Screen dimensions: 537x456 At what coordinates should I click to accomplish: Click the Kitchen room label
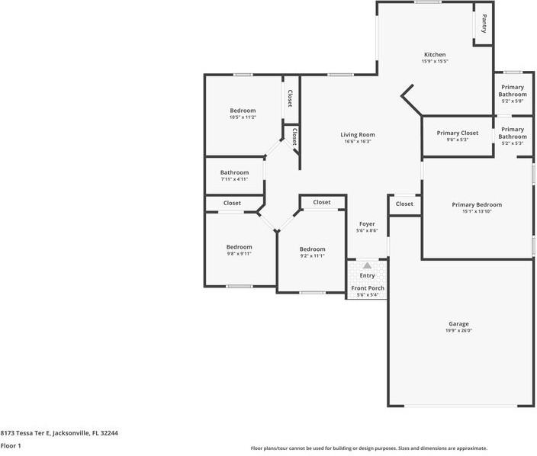click(x=435, y=54)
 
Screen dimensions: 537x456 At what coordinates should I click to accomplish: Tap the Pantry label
click(x=484, y=24)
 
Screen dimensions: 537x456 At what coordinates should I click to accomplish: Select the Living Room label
click(x=358, y=134)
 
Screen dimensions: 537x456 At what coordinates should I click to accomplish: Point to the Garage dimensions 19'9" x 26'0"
click(x=458, y=330)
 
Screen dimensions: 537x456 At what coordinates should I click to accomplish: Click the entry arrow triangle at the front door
click(x=367, y=265)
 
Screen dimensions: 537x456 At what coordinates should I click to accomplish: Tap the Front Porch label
click(x=368, y=288)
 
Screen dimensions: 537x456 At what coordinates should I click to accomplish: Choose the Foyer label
click(x=367, y=224)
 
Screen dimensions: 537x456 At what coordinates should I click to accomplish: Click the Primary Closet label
click(x=458, y=133)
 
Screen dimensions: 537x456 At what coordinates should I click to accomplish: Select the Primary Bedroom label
click(x=477, y=204)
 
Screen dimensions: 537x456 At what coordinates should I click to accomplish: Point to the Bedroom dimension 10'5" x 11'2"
click(x=243, y=117)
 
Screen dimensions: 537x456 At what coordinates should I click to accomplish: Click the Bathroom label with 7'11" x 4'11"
click(x=234, y=172)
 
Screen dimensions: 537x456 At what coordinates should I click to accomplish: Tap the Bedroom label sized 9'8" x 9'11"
click(x=239, y=247)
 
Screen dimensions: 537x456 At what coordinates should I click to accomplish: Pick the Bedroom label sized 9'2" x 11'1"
click(x=312, y=249)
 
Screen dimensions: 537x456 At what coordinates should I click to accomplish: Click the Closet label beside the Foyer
click(x=404, y=204)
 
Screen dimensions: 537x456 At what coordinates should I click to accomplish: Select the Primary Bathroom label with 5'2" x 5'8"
click(x=513, y=91)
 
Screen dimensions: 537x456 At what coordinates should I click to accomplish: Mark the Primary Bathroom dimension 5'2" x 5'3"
click(x=513, y=143)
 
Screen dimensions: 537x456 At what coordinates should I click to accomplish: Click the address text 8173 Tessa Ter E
click(x=25, y=433)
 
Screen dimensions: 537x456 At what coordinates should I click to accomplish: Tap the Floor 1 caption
click(x=11, y=446)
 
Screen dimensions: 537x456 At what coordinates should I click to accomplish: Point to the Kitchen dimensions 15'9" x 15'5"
click(x=435, y=61)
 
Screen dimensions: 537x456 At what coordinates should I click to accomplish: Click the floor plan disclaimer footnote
click(x=369, y=448)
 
